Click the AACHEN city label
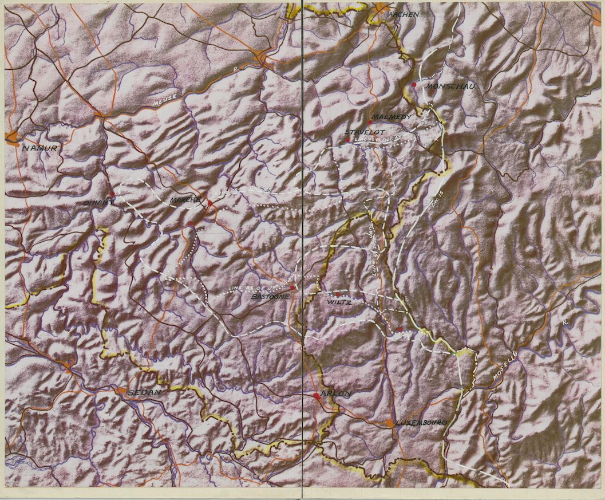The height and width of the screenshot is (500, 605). pos(404,14)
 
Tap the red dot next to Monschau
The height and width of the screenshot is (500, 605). pos(414,85)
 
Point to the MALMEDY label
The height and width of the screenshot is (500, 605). pos(392,117)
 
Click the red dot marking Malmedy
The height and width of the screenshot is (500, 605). pos(370,122)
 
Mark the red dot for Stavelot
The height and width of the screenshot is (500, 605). pos(347,140)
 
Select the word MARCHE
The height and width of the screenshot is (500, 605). pos(185,200)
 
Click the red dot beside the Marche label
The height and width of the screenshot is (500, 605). pos(210,203)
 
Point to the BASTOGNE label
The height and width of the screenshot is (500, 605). pos(271,297)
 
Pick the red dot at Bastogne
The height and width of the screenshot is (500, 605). pos(292,288)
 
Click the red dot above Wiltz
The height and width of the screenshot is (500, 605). pos(338,294)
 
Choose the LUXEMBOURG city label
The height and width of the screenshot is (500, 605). pos(420,422)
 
